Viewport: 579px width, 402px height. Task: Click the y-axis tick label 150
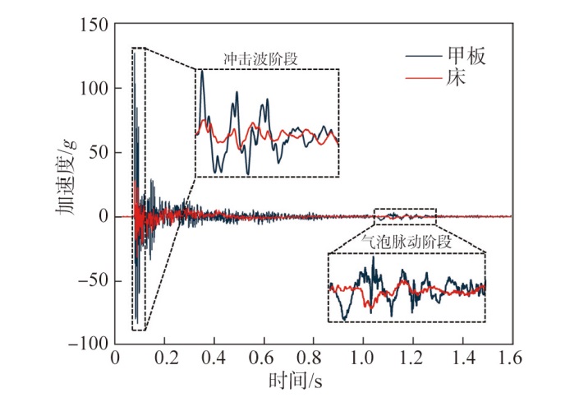click(x=94, y=25)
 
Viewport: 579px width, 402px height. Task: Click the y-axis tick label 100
click(x=94, y=89)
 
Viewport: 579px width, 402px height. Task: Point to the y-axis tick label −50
click(x=90, y=280)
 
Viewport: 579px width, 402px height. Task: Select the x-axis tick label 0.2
click(x=164, y=360)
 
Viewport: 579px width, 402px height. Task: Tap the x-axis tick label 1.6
click(x=511, y=360)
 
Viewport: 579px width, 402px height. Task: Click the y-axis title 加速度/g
click(x=66, y=184)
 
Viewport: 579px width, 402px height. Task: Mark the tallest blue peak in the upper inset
click(x=202, y=72)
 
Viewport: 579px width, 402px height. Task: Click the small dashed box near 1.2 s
click(x=405, y=216)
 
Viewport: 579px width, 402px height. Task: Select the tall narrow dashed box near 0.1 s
click(x=139, y=189)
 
